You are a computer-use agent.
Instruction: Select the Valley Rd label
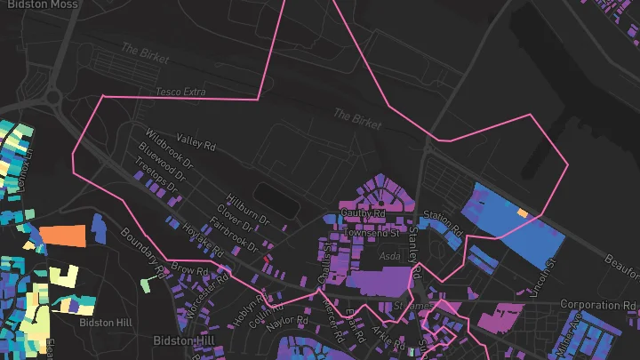coord(196,140)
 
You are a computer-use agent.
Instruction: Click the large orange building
coord(62,236)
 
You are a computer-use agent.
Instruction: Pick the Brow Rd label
coord(188,268)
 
